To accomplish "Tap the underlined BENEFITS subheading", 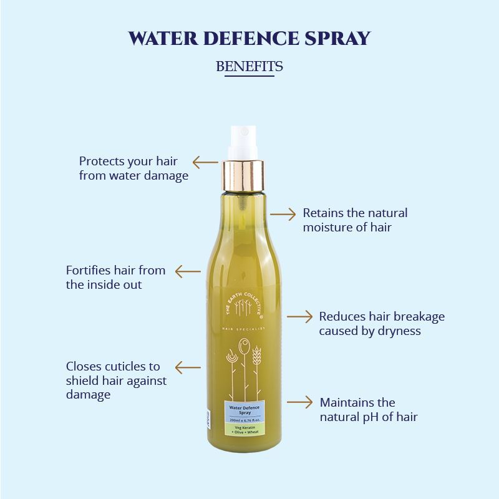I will [249, 66].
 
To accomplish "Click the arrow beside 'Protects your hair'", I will [205, 163].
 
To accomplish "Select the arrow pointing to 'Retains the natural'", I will [283, 214].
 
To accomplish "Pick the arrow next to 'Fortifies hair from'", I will [188, 271].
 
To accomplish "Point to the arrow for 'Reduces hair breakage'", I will [299, 317].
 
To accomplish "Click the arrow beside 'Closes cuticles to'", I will [188, 367].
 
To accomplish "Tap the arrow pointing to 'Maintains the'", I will [299, 402].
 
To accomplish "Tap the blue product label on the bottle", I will [244, 417].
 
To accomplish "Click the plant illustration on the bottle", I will [243, 368].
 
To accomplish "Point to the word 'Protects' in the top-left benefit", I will [102, 162].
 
